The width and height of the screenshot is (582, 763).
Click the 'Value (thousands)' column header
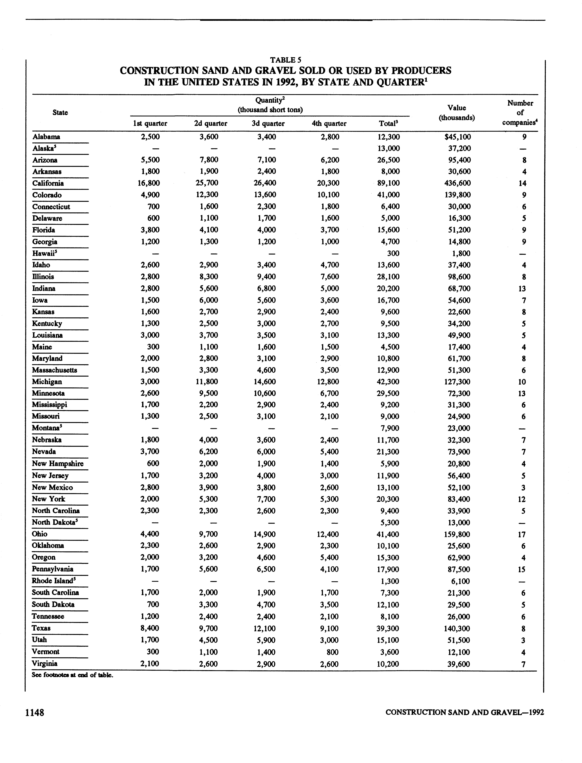(x=457, y=113)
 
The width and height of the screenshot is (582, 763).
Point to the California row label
(x=48, y=183)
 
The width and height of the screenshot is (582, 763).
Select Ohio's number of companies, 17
(x=522, y=534)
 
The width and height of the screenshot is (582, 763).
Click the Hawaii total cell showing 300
(x=393, y=253)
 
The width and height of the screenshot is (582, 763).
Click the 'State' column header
(x=60, y=113)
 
